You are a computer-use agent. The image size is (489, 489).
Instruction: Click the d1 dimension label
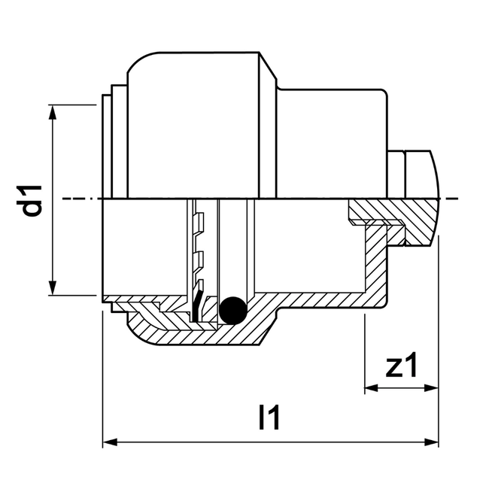tap(32, 199)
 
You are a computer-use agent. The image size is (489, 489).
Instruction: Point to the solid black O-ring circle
tap(232, 308)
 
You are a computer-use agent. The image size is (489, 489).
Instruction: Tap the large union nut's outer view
tap(196, 128)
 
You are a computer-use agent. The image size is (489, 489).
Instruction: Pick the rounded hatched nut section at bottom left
tap(147, 323)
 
